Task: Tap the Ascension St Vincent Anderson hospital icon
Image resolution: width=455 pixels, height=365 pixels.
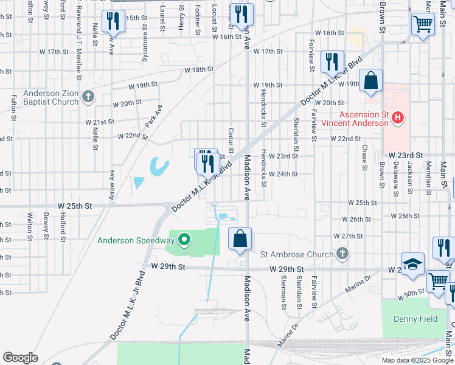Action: point(398,117)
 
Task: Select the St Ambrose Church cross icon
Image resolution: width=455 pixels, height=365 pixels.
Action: point(343,254)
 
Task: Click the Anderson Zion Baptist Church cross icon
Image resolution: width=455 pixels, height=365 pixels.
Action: point(88,97)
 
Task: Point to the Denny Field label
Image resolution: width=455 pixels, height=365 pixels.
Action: point(411,319)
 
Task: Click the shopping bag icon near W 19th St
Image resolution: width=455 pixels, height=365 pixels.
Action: point(370,82)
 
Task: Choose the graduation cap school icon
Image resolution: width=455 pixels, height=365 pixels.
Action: point(412,265)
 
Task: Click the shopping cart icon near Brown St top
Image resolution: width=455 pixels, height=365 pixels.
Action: point(423,24)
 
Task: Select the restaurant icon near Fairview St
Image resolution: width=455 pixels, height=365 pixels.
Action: point(332,61)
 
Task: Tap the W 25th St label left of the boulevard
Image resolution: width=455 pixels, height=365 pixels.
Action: point(75,207)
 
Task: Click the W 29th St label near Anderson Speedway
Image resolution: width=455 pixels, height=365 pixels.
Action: point(167,266)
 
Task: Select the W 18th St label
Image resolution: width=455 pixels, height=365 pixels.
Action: point(201,69)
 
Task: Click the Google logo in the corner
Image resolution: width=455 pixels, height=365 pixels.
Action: point(20,358)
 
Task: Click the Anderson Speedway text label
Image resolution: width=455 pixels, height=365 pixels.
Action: point(133,240)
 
